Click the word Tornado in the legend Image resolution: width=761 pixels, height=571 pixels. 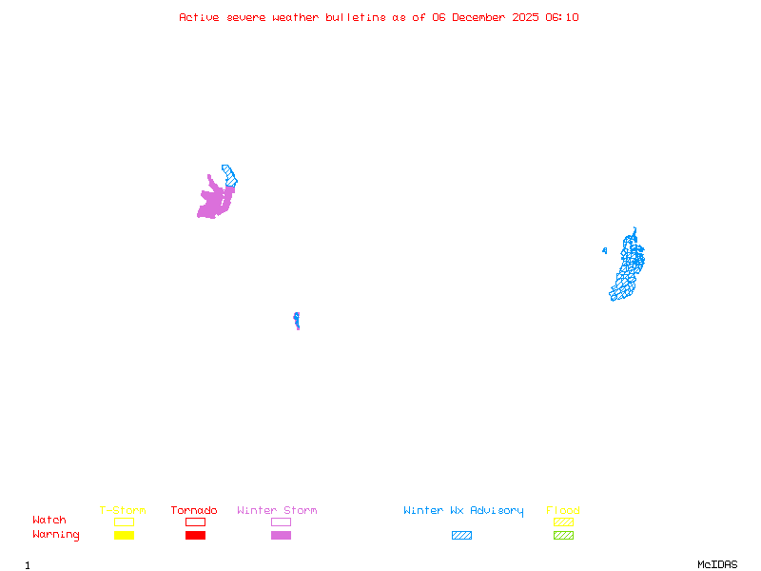[x=194, y=511]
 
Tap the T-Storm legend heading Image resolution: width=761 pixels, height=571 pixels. [x=123, y=511]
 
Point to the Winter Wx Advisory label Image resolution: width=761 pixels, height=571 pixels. [x=463, y=511]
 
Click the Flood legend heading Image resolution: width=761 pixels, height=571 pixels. [x=563, y=511]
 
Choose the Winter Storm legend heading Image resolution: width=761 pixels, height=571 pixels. [x=277, y=511]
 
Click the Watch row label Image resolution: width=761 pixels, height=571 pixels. [x=49, y=521]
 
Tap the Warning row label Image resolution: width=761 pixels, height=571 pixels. [x=56, y=535]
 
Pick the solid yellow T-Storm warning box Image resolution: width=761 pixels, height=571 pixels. [x=124, y=535]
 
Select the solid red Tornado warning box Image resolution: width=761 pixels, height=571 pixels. [x=195, y=535]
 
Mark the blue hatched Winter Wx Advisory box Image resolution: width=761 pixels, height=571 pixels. [x=461, y=535]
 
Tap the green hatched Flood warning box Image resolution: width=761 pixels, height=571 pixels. [x=563, y=535]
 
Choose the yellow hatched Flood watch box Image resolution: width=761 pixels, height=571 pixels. [x=563, y=522]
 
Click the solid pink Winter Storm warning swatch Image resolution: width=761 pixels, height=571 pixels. [x=281, y=535]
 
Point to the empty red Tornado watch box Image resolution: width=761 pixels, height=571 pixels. [x=195, y=522]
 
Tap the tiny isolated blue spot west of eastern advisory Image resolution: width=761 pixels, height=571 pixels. [x=604, y=251]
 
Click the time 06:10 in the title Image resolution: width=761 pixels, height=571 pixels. [x=561, y=17]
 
